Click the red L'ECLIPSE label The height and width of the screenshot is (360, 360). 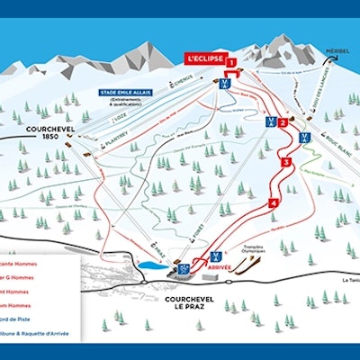click(203, 58)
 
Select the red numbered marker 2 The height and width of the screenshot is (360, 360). click(283, 122)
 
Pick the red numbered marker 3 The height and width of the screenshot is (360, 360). click(286, 163)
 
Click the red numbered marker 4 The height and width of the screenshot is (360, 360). click(273, 203)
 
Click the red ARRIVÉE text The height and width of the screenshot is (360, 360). click(220, 266)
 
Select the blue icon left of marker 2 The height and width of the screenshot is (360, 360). click(267, 121)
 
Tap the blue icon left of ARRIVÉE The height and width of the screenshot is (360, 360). click(184, 267)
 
